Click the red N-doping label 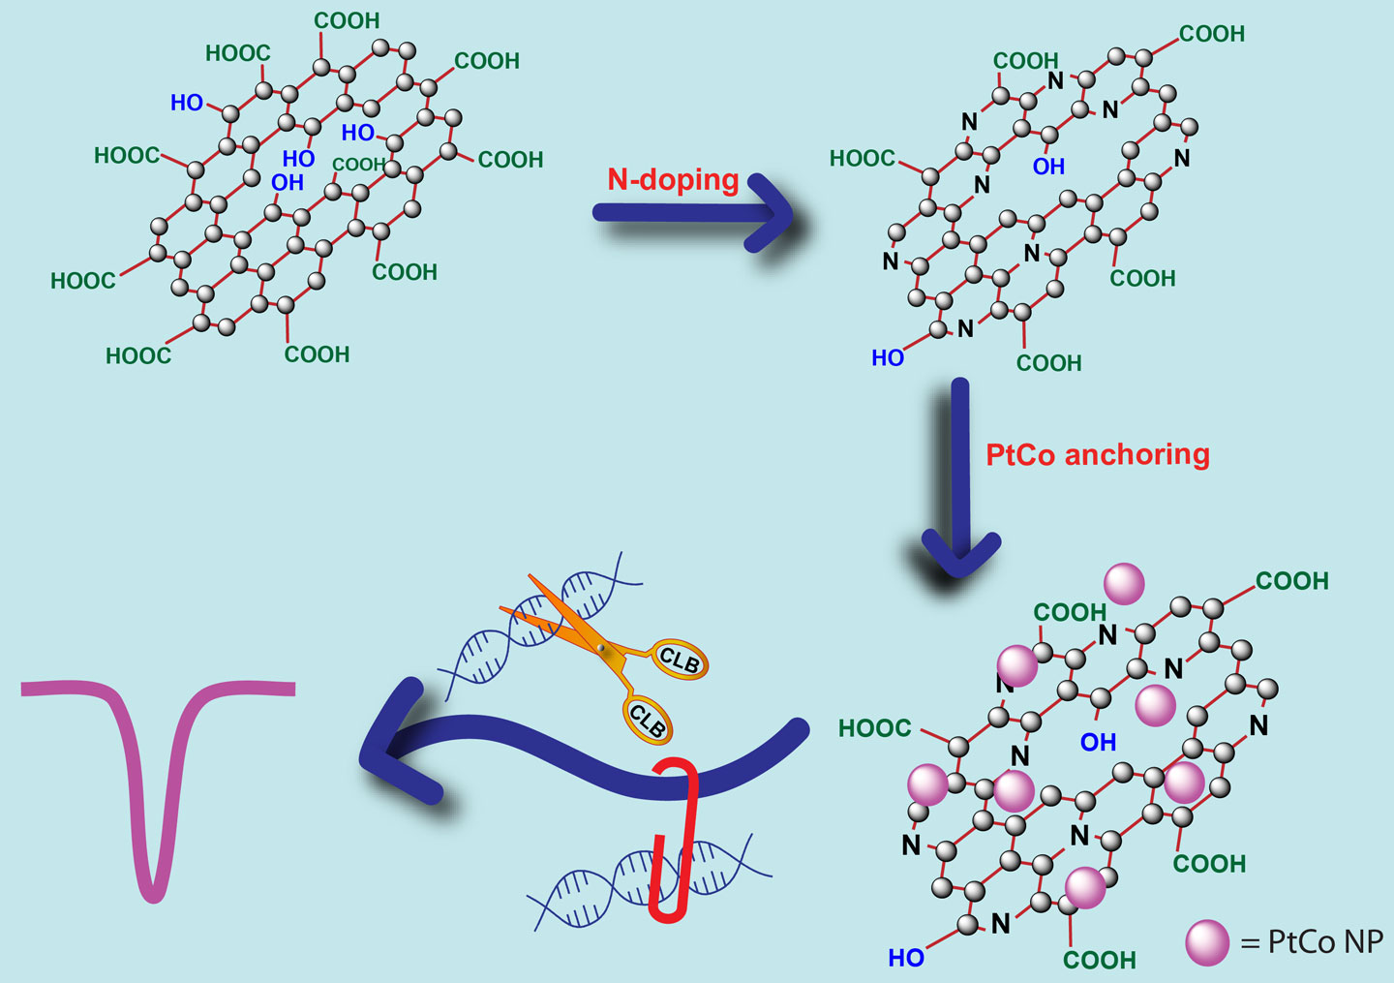[674, 180]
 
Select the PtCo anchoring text [1098, 455]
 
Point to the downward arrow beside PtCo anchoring [960, 477]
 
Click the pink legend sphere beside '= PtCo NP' [1207, 942]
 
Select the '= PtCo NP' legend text [1312, 942]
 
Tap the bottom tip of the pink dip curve [153, 899]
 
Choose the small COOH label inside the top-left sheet [358, 165]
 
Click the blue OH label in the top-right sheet [1048, 167]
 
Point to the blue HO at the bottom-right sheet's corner [906, 958]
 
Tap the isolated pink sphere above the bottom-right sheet [1124, 584]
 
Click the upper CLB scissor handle [680, 660]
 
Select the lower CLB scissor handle [648, 721]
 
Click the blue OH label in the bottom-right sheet [1099, 743]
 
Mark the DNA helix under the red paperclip [650, 881]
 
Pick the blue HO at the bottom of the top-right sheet [888, 358]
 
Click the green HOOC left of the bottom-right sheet [874, 728]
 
